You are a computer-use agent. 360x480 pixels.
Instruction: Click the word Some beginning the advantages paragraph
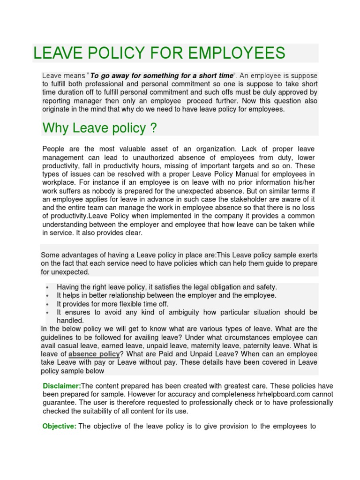50,255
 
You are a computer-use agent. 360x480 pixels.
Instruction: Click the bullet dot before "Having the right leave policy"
48,287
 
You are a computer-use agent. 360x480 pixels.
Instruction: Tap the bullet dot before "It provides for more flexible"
48,304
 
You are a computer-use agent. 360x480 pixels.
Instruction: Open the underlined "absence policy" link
94,354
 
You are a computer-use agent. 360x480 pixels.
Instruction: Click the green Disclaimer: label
61,386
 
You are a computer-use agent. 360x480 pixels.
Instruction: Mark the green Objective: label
59,426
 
